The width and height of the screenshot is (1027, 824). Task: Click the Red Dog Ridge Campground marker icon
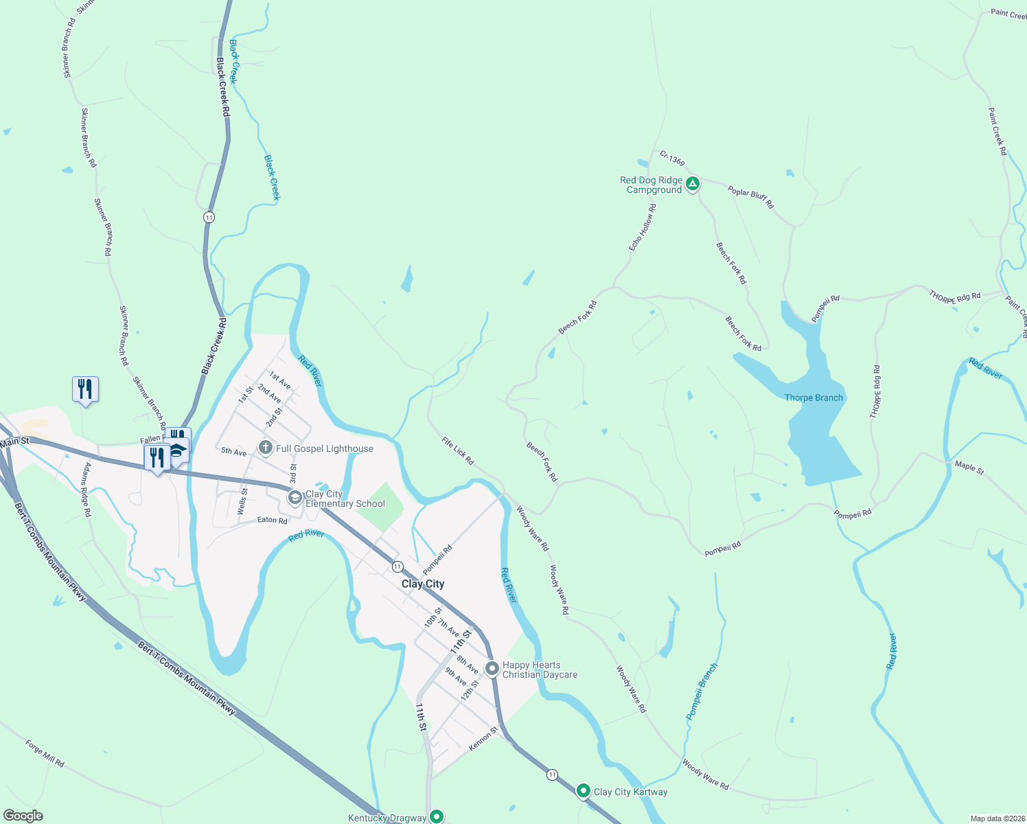tap(693, 183)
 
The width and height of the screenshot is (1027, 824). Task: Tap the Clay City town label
tap(423, 584)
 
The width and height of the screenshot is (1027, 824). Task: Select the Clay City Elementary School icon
tap(295, 499)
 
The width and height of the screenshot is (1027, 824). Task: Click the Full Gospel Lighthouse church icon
tap(266, 448)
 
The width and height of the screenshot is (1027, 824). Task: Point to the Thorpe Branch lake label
tap(813, 398)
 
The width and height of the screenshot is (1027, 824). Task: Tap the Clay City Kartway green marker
tap(584, 791)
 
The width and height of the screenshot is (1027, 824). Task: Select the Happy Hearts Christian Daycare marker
tap(492, 668)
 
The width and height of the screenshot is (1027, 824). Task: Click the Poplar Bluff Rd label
tap(750, 198)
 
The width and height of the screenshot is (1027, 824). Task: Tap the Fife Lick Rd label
tap(458, 451)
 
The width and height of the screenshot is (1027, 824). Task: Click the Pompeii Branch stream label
tap(702, 691)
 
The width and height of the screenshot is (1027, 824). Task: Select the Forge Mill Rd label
tap(45, 753)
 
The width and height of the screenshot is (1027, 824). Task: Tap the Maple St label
tap(969, 468)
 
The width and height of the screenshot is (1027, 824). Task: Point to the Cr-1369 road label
tap(672, 159)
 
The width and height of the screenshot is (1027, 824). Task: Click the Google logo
tap(23, 816)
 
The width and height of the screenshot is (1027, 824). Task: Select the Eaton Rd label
tap(272, 520)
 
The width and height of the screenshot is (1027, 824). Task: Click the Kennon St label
tap(483, 738)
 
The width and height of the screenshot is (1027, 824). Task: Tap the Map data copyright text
tap(997, 819)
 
